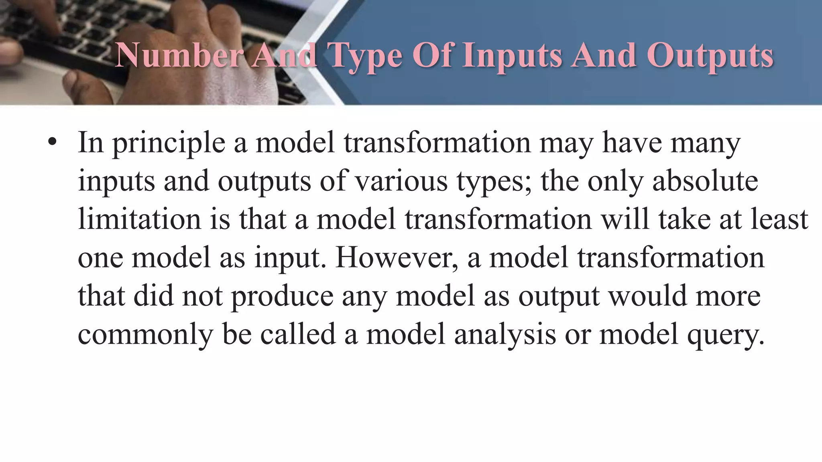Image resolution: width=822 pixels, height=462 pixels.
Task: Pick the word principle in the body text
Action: pos(169,144)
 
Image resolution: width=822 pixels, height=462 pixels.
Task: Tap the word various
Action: pos(402,181)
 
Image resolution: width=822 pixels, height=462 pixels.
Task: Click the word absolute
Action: pos(705,181)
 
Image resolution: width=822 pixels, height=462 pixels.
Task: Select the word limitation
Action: pos(139,219)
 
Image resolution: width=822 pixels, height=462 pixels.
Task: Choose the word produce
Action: pos(283,297)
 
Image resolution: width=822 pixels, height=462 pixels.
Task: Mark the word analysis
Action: pos(505,335)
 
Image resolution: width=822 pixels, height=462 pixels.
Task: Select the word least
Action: pos(779,219)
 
